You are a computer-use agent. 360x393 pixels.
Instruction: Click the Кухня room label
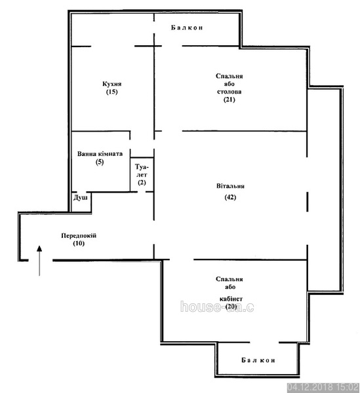(112, 84)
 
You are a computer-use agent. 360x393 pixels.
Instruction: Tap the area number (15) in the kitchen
(112, 92)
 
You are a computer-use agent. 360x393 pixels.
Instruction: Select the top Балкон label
(187, 28)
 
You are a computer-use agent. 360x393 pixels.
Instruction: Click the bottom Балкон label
(258, 360)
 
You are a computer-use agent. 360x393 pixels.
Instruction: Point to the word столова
(230, 92)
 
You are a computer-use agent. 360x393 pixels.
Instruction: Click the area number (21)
(230, 100)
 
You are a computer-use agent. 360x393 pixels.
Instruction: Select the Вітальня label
(230, 186)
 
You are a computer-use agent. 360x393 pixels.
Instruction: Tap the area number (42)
(230, 197)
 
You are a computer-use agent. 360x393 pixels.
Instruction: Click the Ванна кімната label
(100, 154)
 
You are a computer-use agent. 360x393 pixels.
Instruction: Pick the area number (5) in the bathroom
(100, 162)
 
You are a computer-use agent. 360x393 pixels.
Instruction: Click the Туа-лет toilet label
(142, 170)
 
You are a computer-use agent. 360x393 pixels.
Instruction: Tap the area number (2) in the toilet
(142, 183)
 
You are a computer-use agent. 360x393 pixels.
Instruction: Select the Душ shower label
(81, 198)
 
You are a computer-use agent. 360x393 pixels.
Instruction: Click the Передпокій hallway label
(79, 236)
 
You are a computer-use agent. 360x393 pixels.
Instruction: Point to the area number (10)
(79, 244)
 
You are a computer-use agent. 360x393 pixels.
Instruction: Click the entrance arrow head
(39, 248)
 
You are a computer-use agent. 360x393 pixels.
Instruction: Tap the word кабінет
(231, 299)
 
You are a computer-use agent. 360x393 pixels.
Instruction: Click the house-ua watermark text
(217, 307)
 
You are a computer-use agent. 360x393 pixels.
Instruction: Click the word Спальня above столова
(230, 76)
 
